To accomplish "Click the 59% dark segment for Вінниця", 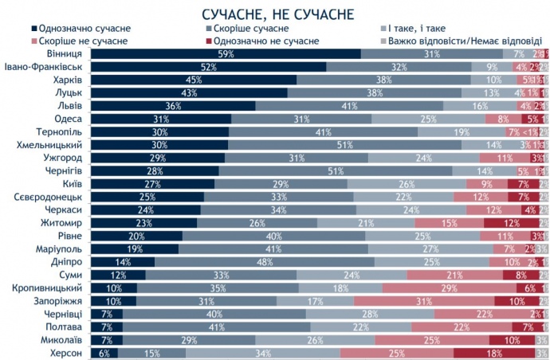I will point(226,53).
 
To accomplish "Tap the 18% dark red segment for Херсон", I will point(494,353).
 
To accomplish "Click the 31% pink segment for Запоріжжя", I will point(423,300).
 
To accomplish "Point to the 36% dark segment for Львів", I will point(173,105).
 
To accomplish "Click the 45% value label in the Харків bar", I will point(192,80).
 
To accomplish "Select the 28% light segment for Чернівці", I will point(370,314).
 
